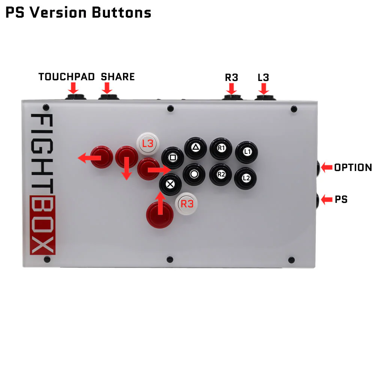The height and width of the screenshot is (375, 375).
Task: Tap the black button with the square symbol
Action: point(172,157)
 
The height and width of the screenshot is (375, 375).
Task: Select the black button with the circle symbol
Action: point(194,174)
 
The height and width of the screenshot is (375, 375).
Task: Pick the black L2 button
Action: point(246,178)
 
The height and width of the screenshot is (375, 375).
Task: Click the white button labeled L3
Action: point(148,143)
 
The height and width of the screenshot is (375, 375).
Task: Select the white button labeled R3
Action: point(187,204)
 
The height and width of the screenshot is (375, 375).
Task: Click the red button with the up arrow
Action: point(160,215)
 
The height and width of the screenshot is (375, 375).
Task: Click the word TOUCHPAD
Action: point(66,77)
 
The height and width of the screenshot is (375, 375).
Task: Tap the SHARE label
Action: point(118,77)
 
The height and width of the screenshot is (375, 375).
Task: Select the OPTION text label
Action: point(353,168)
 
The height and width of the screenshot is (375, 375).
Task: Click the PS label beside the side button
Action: point(341,199)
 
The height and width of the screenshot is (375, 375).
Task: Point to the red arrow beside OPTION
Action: point(326,167)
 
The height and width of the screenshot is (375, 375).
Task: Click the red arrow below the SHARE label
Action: point(107,88)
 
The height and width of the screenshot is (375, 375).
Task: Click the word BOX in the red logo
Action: point(42,225)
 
